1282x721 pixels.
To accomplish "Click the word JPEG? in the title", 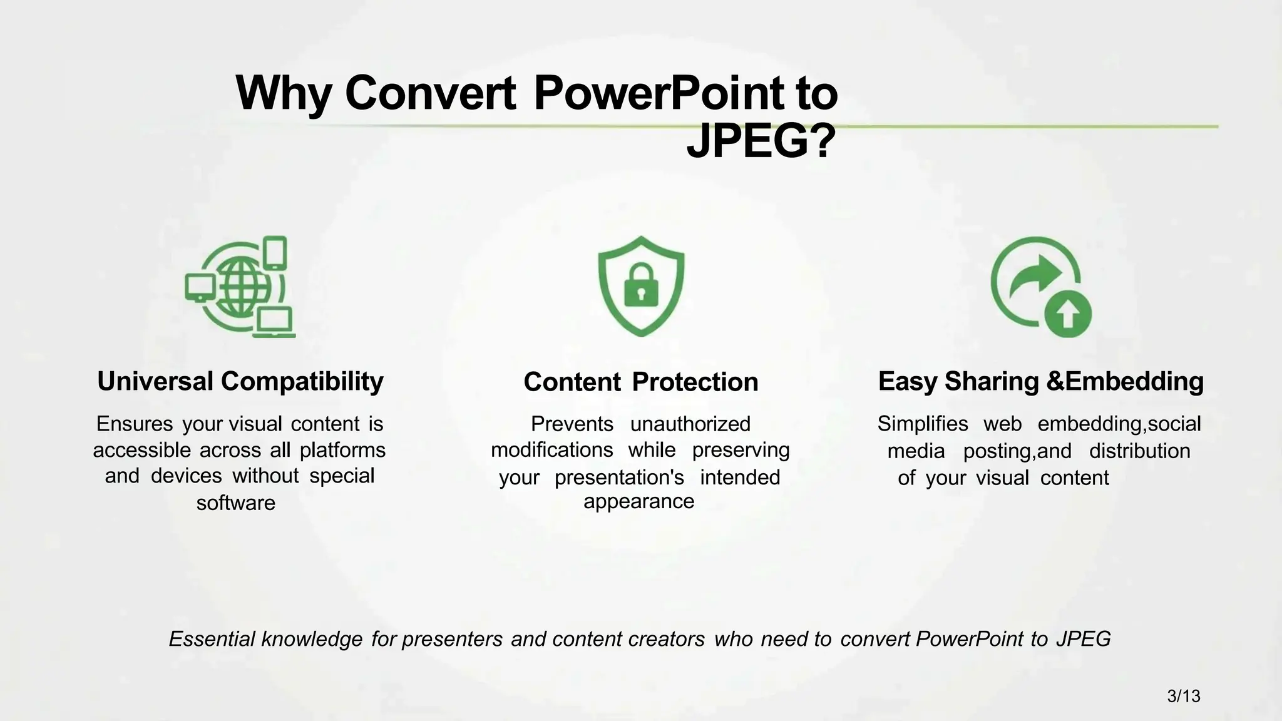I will [761, 142].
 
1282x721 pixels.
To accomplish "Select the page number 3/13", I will [1184, 696].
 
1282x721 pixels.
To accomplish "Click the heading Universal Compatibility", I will [240, 381].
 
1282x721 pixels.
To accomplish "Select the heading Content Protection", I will [640, 382].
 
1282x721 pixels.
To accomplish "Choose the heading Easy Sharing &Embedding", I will [1040, 381].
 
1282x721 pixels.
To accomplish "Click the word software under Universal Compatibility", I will [236, 503].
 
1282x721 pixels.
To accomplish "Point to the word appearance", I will [638, 501].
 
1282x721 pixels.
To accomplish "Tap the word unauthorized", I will [690, 424].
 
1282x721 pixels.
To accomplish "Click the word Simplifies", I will [922, 424].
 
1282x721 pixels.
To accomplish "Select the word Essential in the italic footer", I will [212, 639].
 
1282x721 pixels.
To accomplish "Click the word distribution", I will [1139, 451].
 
